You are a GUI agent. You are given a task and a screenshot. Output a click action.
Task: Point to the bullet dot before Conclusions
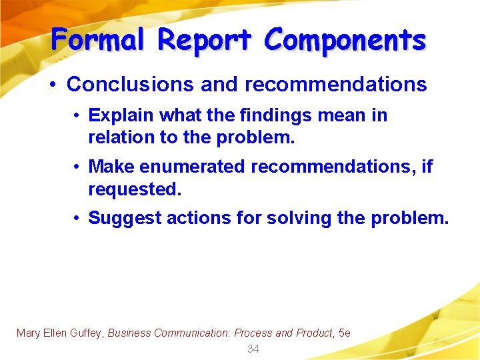[x=52, y=85]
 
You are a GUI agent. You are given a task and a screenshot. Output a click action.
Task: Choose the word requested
[x=134, y=189]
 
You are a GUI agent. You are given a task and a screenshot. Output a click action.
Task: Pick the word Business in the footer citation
[x=129, y=333]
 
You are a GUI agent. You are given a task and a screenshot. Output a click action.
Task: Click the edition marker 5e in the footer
[x=344, y=333]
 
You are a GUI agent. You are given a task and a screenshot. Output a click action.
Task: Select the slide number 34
[x=253, y=349]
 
